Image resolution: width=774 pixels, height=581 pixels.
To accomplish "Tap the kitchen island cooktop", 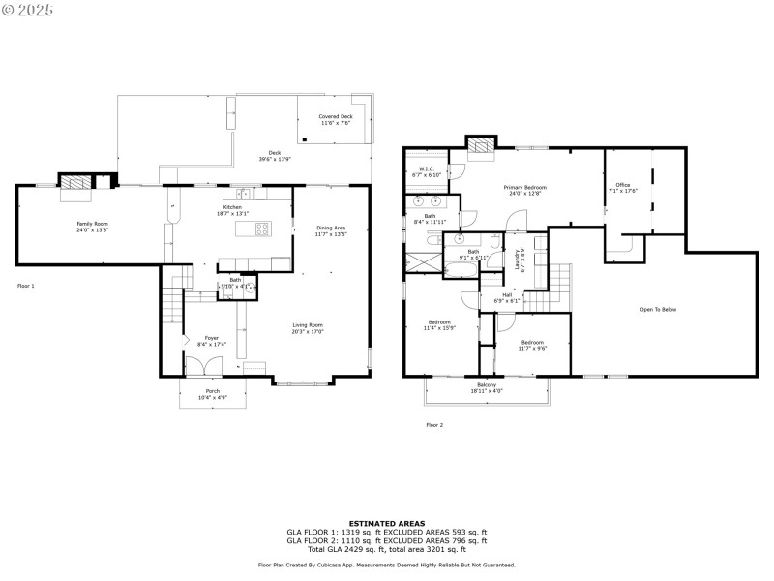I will pyautogui.click(x=261, y=229).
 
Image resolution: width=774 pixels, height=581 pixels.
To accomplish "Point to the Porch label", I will pyautogui.click(x=212, y=391).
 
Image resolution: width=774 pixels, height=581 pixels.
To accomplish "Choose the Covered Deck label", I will pyautogui.click(x=336, y=116).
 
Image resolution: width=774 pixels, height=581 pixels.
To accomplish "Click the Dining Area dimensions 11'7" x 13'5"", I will pyautogui.click(x=330, y=234).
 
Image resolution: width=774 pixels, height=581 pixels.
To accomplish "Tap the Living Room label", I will pyautogui.click(x=309, y=325).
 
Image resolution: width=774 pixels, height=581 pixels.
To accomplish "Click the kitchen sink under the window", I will pyautogui.click(x=232, y=194).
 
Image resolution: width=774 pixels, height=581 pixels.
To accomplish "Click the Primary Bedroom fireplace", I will pyautogui.click(x=480, y=145).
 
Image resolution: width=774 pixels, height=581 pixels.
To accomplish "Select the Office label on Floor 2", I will pyautogui.click(x=622, y=185).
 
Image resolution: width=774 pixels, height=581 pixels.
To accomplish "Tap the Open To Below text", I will pyautogui.click(x=658, y=309).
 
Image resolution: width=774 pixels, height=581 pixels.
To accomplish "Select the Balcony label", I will pyautogui.click(x=487, y=385).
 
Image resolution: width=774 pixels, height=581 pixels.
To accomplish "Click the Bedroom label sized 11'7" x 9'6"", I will pyautogui.click(x=533, y=342).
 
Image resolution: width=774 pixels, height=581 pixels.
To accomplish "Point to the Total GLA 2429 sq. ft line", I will pyautogui.click(x=387, y=548).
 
